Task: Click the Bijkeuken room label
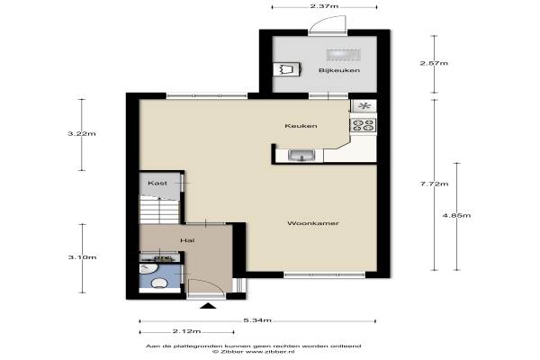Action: point(339,70)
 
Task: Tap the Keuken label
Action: point(301,126)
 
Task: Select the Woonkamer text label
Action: point(313,223)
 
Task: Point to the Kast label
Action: point(157,184)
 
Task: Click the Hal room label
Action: point(187,240)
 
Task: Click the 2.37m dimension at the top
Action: point(324,6)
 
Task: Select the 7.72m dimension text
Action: point(435,184)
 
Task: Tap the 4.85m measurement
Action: point(457,216)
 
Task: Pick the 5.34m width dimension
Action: point(257,320)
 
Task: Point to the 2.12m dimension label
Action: point(186,331)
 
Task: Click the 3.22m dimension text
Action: point(82,134)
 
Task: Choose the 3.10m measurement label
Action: point(82,257)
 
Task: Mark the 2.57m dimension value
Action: point(434,63)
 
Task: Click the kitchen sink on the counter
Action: point(301,156)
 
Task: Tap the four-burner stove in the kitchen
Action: point(363,125)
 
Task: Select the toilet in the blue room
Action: point(159,283)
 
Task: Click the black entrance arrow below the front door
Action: point(208,306)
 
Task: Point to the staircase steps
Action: point(160,211)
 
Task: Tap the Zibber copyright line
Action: point(254,352)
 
